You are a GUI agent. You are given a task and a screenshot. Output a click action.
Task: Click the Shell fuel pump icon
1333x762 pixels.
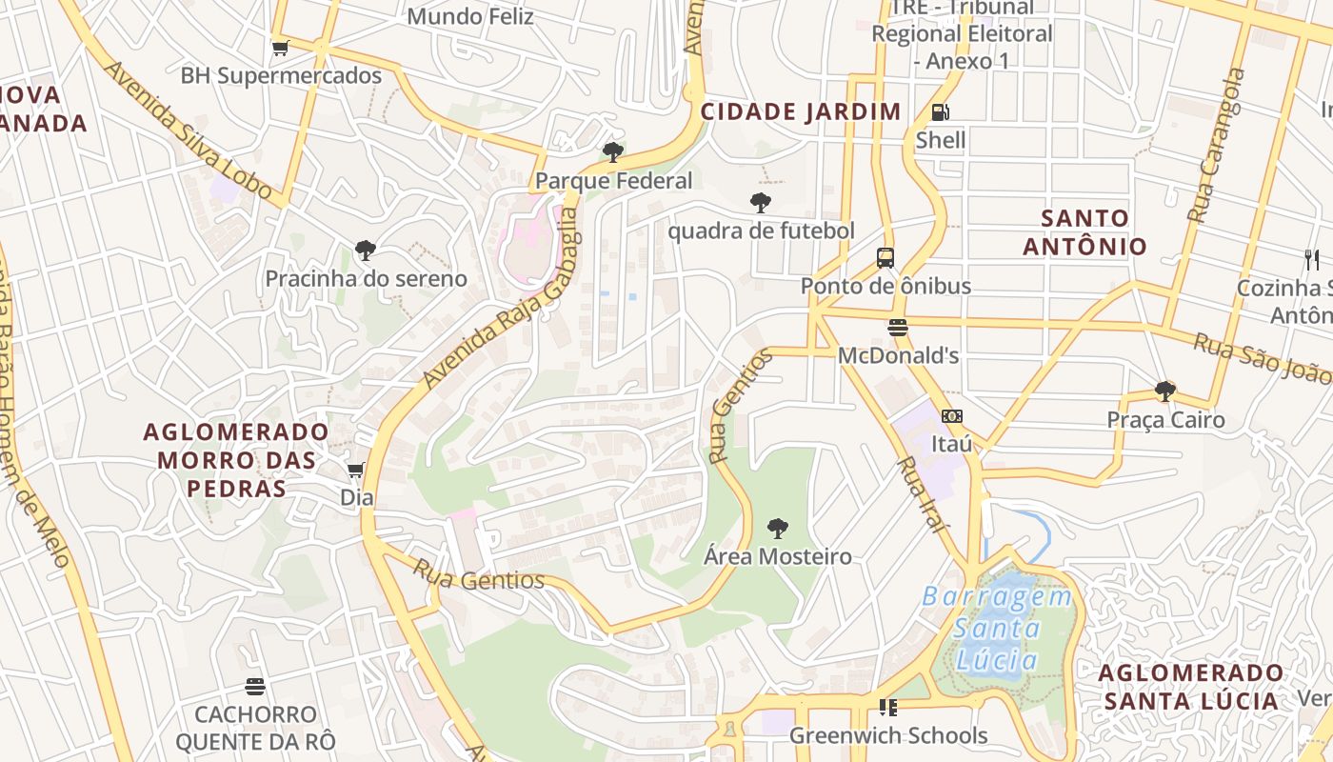(x=940, y=112)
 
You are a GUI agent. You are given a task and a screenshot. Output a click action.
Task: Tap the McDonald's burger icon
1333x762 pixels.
(x=897, y=329)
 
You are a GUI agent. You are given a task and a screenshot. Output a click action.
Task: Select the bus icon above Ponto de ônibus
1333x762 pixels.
(x=885, y=258)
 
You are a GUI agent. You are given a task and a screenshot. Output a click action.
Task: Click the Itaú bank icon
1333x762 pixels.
(x=951, y=416)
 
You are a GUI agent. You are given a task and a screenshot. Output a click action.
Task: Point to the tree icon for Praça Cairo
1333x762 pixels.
(x=1164, y=391)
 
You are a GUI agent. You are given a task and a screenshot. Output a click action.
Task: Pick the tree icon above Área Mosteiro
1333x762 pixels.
(x=778, y=529)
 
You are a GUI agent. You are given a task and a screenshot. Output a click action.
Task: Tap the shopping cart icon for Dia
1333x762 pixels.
(x=356, y=470)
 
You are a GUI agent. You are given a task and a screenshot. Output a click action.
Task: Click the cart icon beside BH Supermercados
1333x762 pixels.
(x=280, y=48)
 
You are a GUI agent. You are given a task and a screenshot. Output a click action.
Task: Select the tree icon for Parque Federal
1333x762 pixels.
(x=613, y=152)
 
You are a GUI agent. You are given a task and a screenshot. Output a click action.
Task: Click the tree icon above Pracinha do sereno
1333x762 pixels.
(x=365, y=251)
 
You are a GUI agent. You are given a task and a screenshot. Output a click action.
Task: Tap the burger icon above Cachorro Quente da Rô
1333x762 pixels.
(x=254, y=687)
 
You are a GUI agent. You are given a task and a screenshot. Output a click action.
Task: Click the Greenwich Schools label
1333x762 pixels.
(x=887, y=735)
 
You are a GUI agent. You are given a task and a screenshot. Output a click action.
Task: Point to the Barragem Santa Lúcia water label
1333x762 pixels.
(x=997, y=628)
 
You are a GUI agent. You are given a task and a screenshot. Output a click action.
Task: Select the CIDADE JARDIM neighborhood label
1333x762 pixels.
(x=801, y=111)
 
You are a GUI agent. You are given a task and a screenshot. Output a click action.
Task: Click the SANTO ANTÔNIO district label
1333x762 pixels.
(x=1084, y=232)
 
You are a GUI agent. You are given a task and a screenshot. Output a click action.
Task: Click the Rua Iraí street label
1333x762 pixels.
(x=923, y=494)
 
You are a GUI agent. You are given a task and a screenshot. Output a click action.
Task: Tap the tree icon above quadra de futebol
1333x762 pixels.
(x=760, y=203)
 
